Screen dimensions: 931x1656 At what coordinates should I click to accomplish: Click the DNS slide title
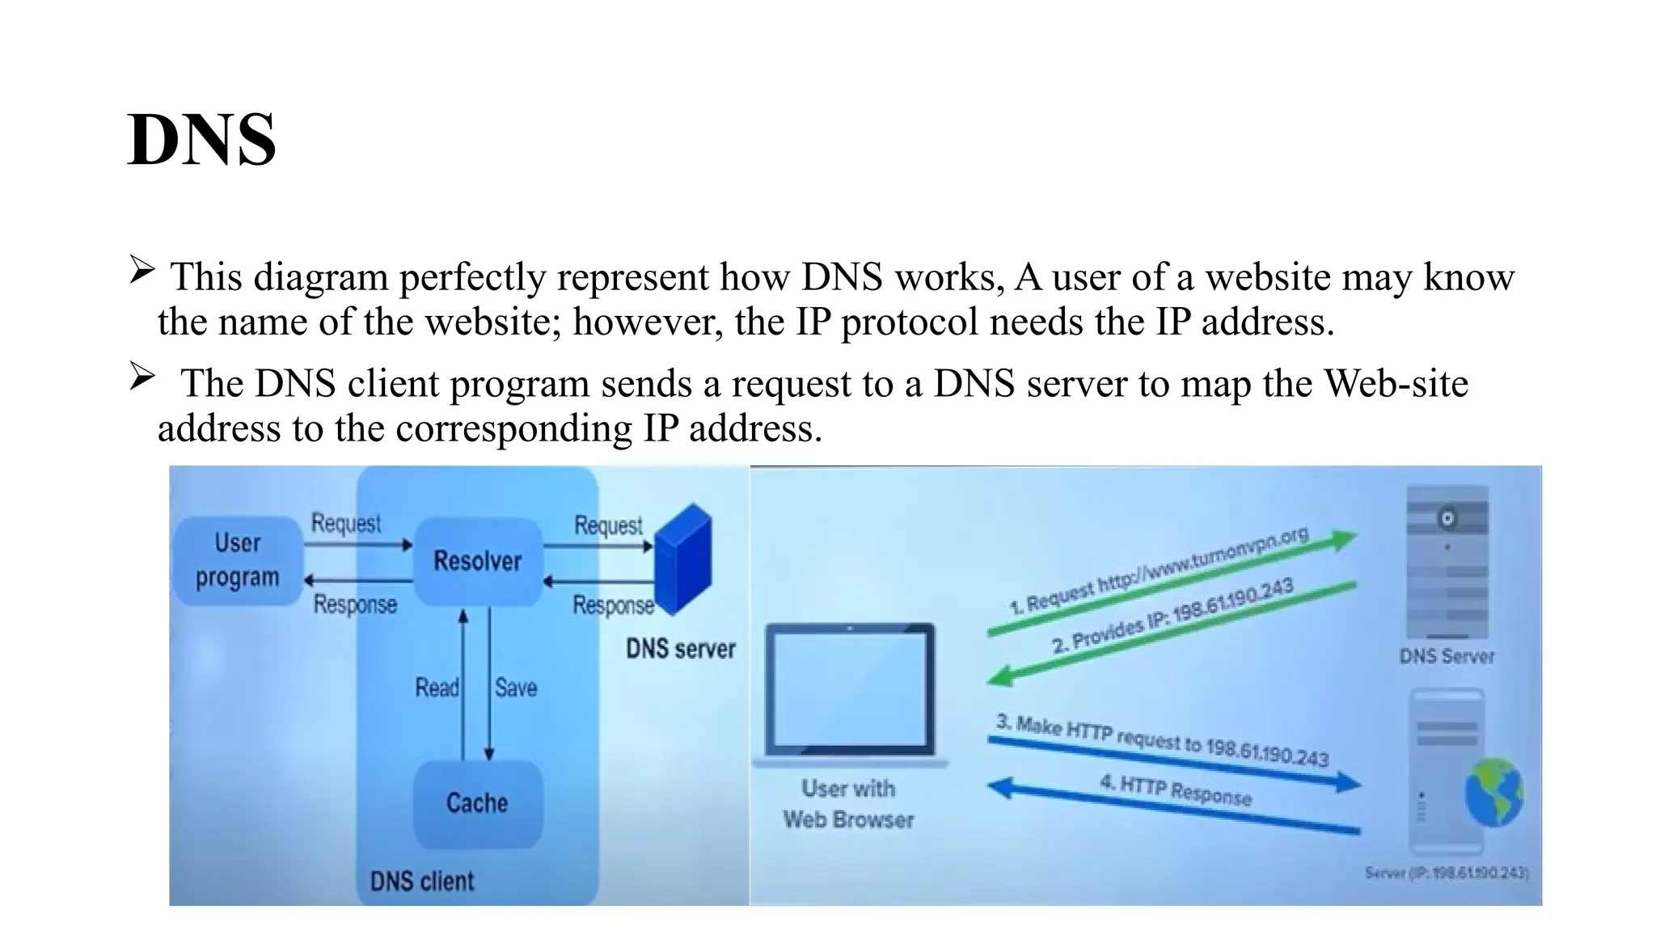point(201,140)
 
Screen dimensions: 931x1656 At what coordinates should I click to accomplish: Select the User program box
point(237,560)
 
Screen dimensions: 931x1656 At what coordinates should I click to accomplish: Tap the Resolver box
point(477,561)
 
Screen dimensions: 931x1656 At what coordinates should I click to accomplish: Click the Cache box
point(477,803)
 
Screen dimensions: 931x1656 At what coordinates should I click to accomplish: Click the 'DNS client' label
point(422,881)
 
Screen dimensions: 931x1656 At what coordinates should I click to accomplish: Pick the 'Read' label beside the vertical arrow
point(437,688)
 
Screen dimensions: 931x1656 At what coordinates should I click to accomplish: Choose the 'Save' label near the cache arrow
point(516,688)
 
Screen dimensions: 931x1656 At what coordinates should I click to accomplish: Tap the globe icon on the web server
point(1494,793)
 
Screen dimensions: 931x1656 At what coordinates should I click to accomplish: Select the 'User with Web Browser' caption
point(848,804)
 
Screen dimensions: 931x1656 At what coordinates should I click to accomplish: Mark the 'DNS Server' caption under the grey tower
point(1447,656)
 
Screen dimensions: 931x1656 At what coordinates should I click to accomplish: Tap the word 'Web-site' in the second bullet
point(1396,382)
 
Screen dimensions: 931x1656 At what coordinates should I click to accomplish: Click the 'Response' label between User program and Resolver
point(355,605)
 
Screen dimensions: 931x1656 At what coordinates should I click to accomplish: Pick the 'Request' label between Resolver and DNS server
point(608,525)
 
